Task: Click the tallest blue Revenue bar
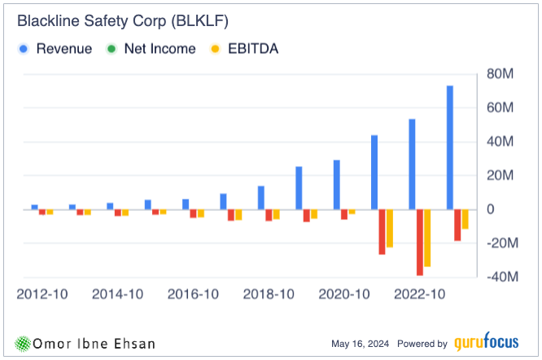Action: tap(450, 147)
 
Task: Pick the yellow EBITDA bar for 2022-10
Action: tap(427, 238)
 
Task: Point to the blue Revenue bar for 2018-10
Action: tap(261, 198)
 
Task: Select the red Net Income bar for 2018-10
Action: tap(269, 215)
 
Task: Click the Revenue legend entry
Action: tap(57, 49)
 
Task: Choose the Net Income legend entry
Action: tap(152, 49)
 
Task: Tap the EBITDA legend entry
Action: tap(245, 49)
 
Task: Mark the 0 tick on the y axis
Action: tap(492, 209)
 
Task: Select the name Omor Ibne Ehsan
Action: tap(89, 343)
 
